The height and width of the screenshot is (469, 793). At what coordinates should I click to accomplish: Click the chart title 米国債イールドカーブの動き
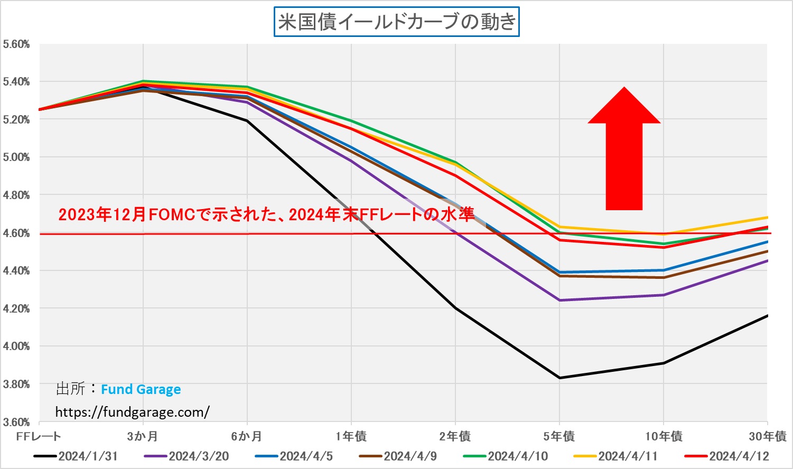click(396, 22)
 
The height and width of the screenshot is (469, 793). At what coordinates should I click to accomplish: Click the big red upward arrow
click(624, 151)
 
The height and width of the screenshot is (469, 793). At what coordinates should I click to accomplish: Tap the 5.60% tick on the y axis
click(16, 44)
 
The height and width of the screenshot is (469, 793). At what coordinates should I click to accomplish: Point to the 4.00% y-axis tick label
click(16, 346)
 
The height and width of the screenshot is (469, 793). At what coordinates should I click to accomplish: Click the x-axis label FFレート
click(39, 436)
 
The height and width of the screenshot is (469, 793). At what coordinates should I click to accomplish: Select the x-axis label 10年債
click(664, 436)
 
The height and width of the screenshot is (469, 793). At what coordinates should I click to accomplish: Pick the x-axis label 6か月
click(247, 436)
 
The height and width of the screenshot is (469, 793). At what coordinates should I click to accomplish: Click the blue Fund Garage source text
click(141, 390)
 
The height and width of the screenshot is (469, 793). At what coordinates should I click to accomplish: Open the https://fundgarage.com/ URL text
click(132, 412)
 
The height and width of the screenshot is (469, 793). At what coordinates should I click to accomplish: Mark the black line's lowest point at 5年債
click(560, 378)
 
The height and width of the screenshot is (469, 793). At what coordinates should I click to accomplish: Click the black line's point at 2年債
click(455, 308)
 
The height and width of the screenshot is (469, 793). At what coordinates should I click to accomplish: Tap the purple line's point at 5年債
click(560, 300)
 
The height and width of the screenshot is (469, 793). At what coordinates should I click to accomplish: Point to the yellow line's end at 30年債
click(767, 217)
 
